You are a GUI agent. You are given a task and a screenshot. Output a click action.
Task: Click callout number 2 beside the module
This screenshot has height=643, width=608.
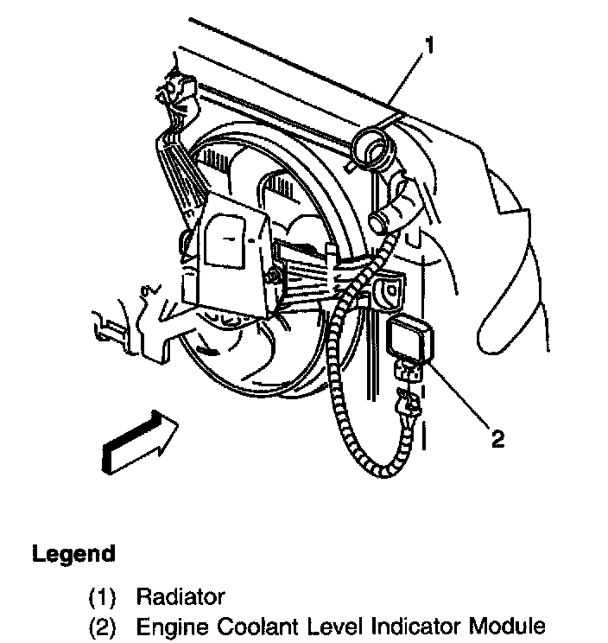[497, 438]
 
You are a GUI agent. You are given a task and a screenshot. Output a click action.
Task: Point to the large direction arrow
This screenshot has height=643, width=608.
[140, 442]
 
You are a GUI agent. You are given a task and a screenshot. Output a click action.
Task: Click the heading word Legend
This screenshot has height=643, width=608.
[73, 553]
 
